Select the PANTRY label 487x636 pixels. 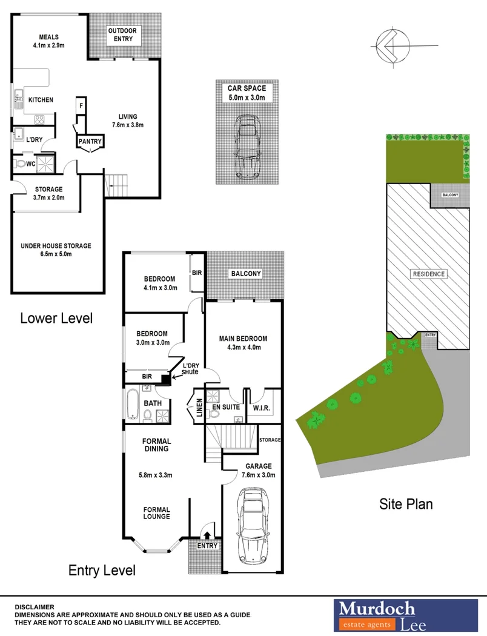pyautogui.click(x=90, y=142)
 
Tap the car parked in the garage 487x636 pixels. pyautogui.click(x=254, y=523)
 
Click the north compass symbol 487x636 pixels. pyautogui.click(x=388, y=45)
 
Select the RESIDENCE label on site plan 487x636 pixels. pyautogui.click(x=429, y=274)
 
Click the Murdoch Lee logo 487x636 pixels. pyautogui.click(x=376, y=615)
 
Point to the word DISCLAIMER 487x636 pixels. pyautogui.click(x=35, y=607)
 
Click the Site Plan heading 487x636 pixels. pyautogui.click(x=406, y=503)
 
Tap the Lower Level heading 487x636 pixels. pyautogui.click(x=56, y=318)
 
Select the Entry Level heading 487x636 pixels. pyautogui.click(x=102, y=570)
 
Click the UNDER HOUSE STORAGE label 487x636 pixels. pyautogui.click(x=56, y=246)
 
